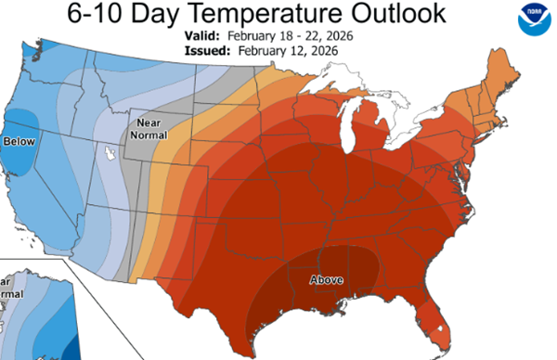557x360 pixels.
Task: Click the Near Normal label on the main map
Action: click(154, 129)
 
